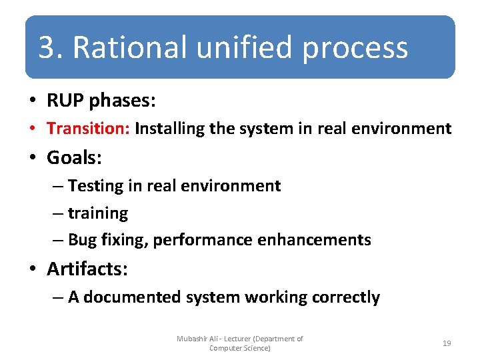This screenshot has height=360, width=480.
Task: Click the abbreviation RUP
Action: [65, 101]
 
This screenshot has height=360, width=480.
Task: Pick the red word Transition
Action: [88, 128]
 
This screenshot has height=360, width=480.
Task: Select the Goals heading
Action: [74, 158]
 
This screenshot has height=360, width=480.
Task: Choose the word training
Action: [98, 213]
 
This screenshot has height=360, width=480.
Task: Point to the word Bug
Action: [83, 240]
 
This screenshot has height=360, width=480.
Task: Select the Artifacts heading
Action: [87, 269]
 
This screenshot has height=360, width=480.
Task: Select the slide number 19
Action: [447, 343]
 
